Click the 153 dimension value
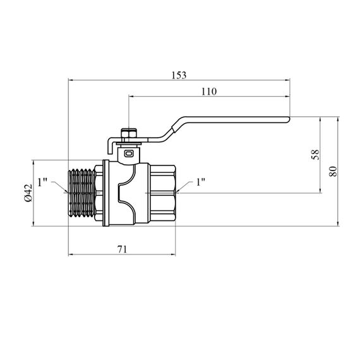pyautogui.click(x=179, y=75)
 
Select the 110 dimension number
pyautogui.click(x=209, y=92)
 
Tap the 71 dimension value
pyautogui.click(x=122, y=249)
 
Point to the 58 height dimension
pyautogui.click(x=315, y=155)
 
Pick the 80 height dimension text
pyautogui.click(x=333, y=171)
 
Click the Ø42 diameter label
pyautogui.click(x=28, y=193)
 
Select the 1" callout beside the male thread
pyautogui.click(x=42, y=183)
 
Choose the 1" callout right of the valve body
pyautogui.click(x=200, y=182)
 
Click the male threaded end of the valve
pyautogui.click(x=82, y=193)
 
